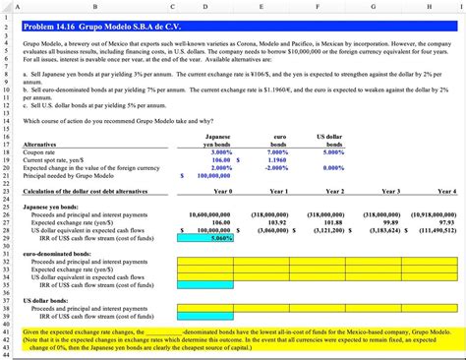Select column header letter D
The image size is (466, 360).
tap(204, 6)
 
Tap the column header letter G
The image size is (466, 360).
tap(374, 6)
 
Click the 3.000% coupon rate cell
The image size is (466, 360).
tap(221, 152)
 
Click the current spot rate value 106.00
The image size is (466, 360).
tap(222, 160)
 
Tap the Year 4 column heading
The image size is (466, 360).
tap(446, 191)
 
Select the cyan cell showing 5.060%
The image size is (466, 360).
tap(221, 238)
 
